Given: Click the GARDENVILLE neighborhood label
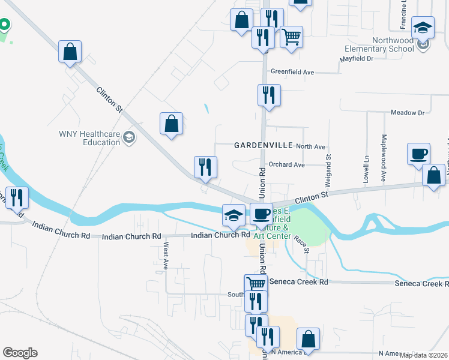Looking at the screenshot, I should tap(263, 145).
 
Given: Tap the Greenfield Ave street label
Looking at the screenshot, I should tap(292, 71).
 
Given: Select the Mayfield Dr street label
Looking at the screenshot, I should tap(357, 59).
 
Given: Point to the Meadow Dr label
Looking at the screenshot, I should tap(407, 112).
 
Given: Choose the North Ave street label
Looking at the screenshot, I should tap(310, 146).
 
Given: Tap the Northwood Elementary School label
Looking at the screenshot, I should tap(380, 44).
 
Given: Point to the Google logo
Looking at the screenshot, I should tap(20, 353).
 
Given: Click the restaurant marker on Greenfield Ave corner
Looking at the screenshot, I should tap(268, 95).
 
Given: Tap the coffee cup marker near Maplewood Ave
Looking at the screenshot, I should tap(418, 154).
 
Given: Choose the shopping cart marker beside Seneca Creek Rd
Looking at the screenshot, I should tap(255, 284).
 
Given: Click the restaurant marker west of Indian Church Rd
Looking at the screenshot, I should tap(16, 197).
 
